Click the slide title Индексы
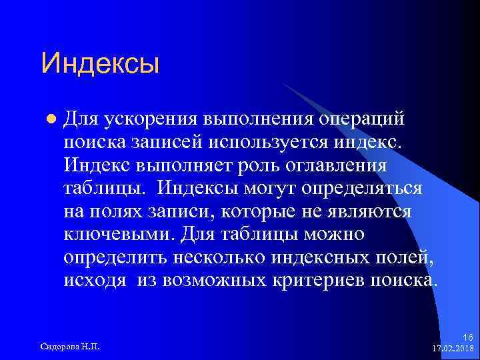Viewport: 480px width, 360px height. tap(100, 65)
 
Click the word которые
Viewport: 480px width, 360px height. tap(261, 211)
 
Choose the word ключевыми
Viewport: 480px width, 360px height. tap(112, 234)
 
